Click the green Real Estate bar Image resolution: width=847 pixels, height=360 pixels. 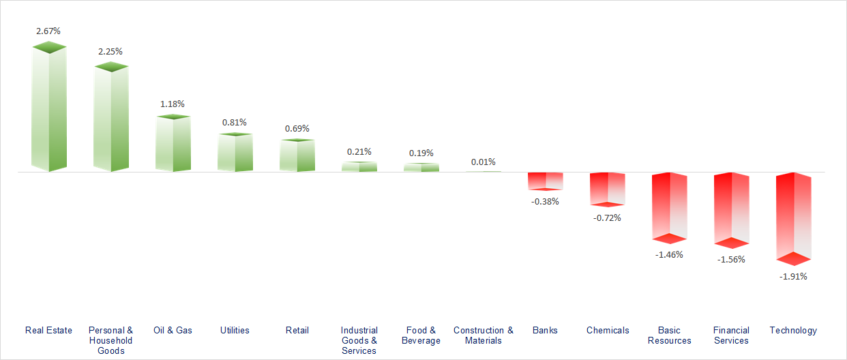tap(48, 109)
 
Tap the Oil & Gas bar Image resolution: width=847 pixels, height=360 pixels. tap(173, 144)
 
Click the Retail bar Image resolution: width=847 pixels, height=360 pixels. tap(297, 155)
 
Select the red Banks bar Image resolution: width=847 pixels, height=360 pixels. tap(546, 181)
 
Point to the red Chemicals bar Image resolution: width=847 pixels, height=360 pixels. tap(608, 189)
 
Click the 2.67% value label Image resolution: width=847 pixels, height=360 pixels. tap(48, 31)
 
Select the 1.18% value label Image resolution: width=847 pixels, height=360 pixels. tap(173, 104)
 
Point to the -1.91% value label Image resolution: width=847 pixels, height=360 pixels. tap(794, 276)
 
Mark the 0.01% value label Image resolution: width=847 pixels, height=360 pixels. tap(484, 162)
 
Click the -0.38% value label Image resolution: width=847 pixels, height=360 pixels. tap(546, 201)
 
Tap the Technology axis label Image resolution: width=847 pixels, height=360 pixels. tap(793, 330)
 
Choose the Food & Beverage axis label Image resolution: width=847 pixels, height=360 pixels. tap(421, 335)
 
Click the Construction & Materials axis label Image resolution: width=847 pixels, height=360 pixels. tap(484, 335)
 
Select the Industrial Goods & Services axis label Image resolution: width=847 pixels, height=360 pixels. tap(359, 340)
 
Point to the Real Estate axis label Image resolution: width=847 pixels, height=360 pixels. tap(48, 330)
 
